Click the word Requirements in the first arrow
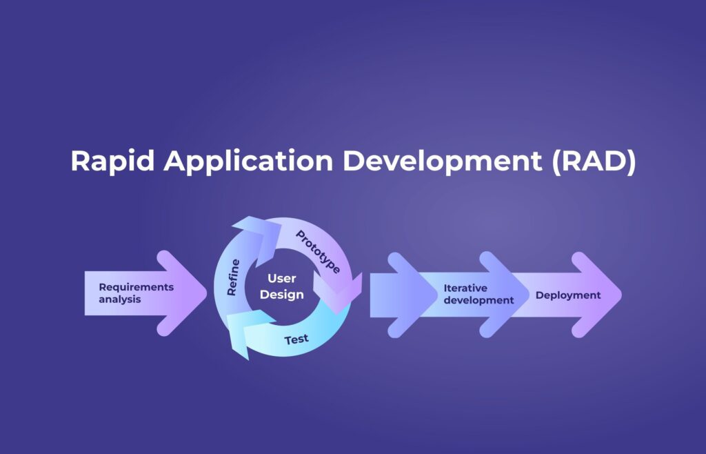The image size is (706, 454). click(x=137, y=287)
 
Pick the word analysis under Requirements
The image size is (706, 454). click(x=119, y=299)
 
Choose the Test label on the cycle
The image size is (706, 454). click(x=296, y=339)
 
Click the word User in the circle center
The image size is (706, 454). click(x=281, y=279)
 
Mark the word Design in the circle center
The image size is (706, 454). click(x=281, y=295)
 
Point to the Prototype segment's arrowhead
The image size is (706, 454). click(x=337, y=293)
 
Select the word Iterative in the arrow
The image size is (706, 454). click(x=465, y=288)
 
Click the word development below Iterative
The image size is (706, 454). click(x=478, y=300)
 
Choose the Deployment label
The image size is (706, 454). click(x=568, y=295)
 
